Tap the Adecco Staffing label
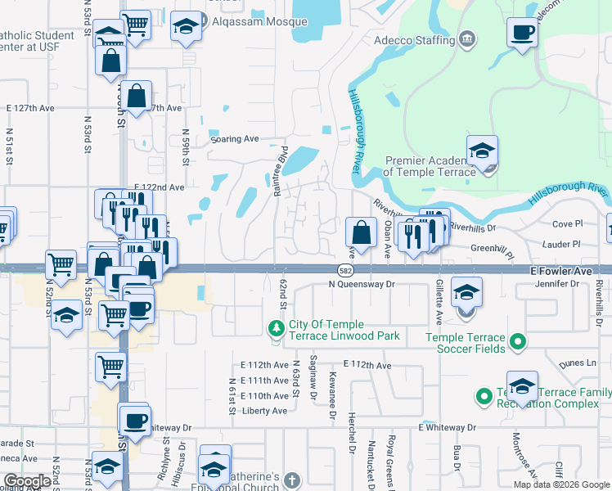415,39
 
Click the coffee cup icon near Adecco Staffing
522,34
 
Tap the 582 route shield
346,269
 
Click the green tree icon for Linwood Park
277,329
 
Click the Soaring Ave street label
234,139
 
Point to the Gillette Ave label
439,304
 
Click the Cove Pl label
567,223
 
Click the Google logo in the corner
27,482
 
